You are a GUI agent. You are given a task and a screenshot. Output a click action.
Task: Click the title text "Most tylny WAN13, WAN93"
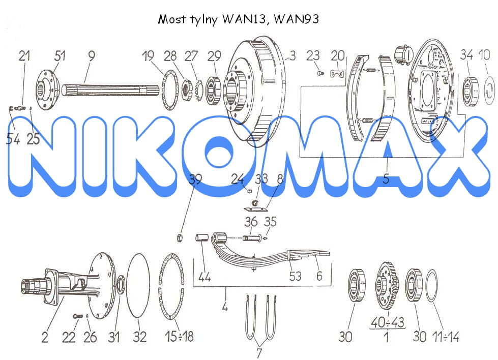click(238, 19)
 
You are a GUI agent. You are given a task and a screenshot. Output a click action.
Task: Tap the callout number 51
click(60, 56)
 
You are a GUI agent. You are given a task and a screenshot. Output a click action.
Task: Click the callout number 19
click(148, 56)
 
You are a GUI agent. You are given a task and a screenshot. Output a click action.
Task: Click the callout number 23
click(313, 56)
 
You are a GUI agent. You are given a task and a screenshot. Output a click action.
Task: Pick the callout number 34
click(466, 54)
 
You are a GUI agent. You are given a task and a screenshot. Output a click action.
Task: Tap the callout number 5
click(386, 178)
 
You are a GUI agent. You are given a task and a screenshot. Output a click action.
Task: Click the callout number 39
click(195, 179)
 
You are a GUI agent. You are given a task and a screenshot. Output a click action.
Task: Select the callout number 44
click(204, 277)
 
